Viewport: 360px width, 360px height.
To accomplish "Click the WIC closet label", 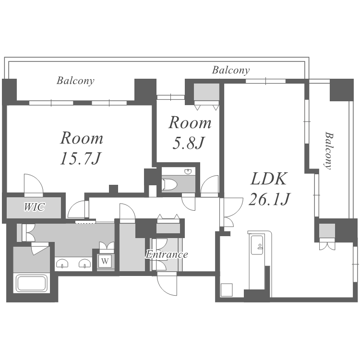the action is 34,207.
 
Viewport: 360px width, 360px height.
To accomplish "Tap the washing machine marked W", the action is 105,261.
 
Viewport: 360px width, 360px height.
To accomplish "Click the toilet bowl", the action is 169,184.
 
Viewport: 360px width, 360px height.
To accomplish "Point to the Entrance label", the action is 167,254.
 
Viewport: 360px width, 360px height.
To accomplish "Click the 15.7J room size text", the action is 80,158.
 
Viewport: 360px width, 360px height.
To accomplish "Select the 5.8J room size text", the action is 188,143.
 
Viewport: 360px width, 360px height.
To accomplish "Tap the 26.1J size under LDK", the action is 269,199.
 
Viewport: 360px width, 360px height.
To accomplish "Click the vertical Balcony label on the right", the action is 328,150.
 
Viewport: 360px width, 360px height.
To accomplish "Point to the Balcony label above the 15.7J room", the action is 75,81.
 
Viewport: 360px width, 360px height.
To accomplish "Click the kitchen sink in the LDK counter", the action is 257,245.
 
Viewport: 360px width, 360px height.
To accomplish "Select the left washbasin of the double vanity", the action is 62,263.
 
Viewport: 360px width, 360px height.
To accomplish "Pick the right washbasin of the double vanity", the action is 84,263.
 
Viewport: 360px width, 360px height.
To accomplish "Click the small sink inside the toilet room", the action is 188,171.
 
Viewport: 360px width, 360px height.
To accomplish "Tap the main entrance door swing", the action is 167,284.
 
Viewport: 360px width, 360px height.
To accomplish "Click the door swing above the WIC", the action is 34,185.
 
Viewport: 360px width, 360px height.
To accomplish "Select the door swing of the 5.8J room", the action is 209,186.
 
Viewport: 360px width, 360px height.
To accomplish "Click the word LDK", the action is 269,179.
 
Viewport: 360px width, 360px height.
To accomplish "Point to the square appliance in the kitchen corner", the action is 227,290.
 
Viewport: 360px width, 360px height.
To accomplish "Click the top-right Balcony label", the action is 231,70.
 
